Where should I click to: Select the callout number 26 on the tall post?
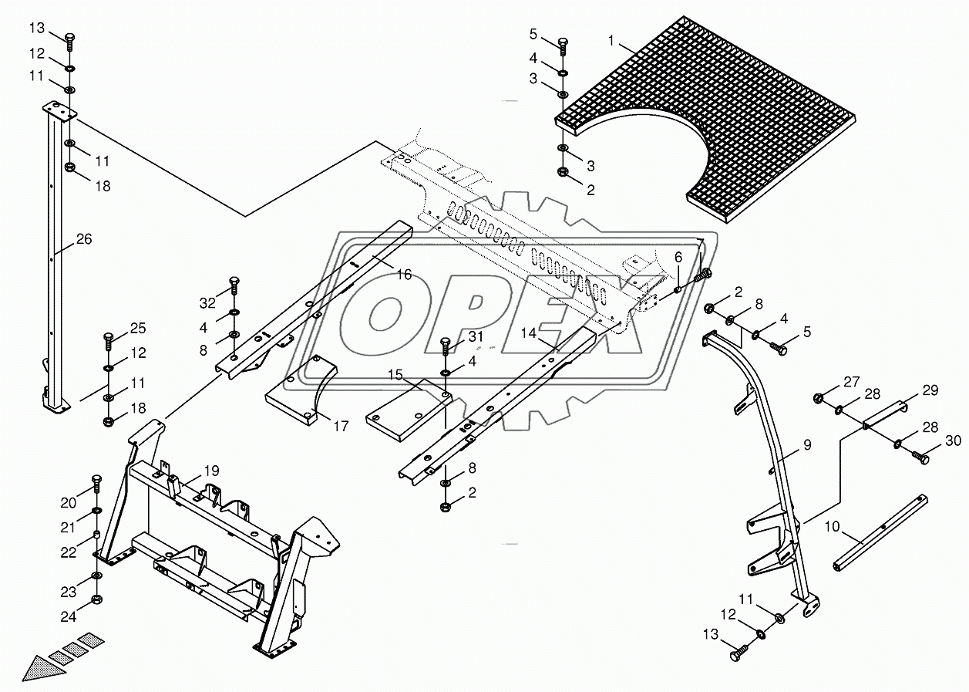[84, 239]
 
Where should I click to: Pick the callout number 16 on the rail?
[404, 274]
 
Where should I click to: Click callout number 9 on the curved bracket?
[806, 444]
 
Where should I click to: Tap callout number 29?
[930, 390]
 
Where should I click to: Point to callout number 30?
[953, 441]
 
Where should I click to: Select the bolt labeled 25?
[108, 338]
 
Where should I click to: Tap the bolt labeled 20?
[96, 484]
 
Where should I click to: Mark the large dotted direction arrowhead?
[39, 667]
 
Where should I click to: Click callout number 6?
[678, 257]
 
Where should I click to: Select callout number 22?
[69, 553]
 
